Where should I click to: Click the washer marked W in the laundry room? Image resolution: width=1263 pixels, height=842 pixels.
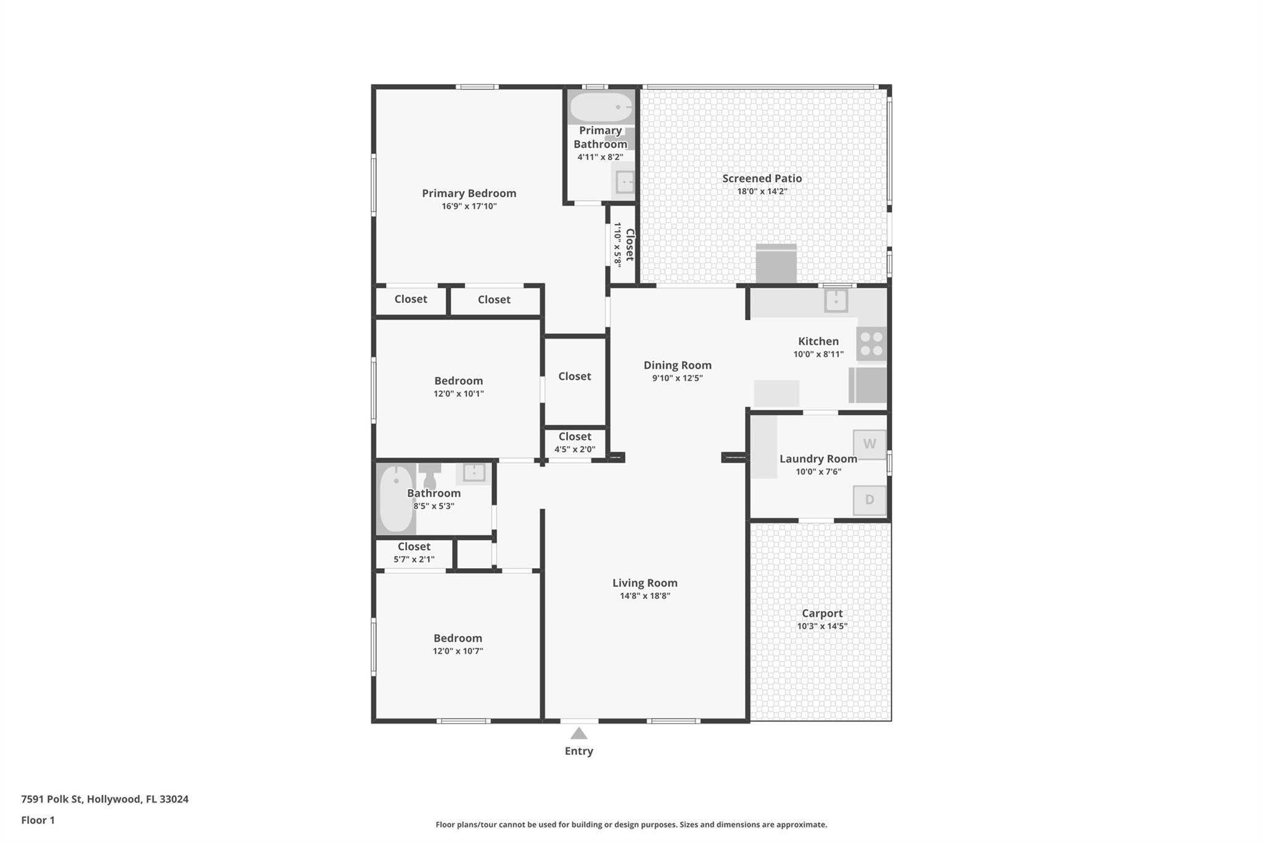click(870, 444)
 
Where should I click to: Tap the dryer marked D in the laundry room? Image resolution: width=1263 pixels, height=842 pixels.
click(870, 500)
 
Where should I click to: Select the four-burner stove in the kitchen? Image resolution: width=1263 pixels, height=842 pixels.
click(871, 344)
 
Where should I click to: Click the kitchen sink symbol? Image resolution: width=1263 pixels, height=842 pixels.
click(836, 301)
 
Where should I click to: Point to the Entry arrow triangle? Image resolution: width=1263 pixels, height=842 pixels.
click(578, 733)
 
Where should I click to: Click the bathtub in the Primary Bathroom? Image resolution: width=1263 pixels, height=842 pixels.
click(601, 107)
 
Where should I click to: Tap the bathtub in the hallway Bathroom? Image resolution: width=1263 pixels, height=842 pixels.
click(396, 498)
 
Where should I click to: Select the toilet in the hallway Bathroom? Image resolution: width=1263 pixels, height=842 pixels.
click(430, 475)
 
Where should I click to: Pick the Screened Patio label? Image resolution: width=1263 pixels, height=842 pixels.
click(762, 178)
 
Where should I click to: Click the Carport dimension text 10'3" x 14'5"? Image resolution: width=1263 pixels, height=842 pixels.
click(822, 626)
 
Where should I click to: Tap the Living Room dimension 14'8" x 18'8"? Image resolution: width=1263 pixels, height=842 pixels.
click(645, 596)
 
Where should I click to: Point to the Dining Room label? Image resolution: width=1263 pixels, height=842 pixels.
click(678, 365)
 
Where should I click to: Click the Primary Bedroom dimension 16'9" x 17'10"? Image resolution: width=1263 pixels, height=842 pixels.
click(469, 206)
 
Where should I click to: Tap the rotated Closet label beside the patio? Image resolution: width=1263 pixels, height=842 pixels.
click(630, 245)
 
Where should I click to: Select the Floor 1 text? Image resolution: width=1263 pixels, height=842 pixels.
click(38, 820)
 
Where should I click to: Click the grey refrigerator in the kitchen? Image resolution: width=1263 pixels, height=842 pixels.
click(868, 386)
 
